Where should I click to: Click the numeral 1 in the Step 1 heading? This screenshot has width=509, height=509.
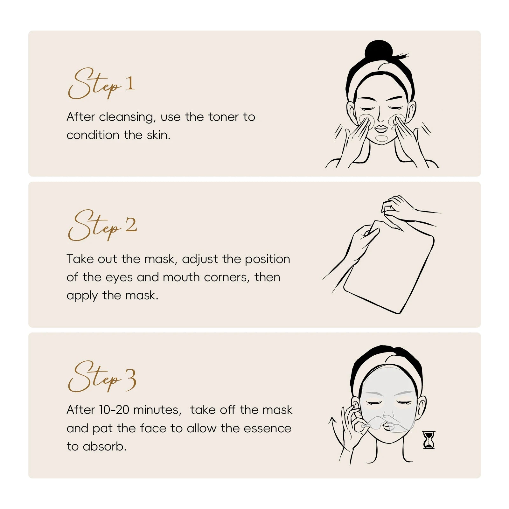click(130, 83)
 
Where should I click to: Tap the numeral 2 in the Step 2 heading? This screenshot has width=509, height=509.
click(131, 225)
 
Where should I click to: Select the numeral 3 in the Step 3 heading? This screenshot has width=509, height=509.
click(130, 380)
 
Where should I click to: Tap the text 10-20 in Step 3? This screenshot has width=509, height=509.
click(114, 410)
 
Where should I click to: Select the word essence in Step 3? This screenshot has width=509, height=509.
click(271, 428)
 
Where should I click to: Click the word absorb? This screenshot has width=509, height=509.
click(104, 446)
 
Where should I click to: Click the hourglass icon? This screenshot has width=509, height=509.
click(429, 440)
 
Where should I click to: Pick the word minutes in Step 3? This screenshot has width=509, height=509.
click(157, 410)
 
